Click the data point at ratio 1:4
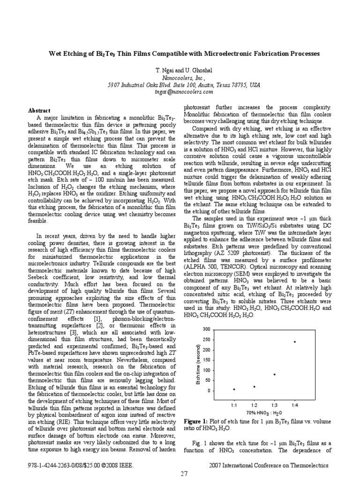pos(295,342)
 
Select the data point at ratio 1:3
pos(274,374)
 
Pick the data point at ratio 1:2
pos(254,387)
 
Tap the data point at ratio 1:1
pos(234,389)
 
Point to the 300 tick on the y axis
pos(207,330)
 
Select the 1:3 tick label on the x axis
pos(274,405)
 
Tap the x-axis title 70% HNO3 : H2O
pos(264,412)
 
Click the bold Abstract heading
pos(39,111)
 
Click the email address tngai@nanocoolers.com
pos(180,92)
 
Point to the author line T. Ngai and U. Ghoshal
pos(180,69)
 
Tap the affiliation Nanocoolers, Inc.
pos(180,77)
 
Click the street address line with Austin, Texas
pos(180,85)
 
